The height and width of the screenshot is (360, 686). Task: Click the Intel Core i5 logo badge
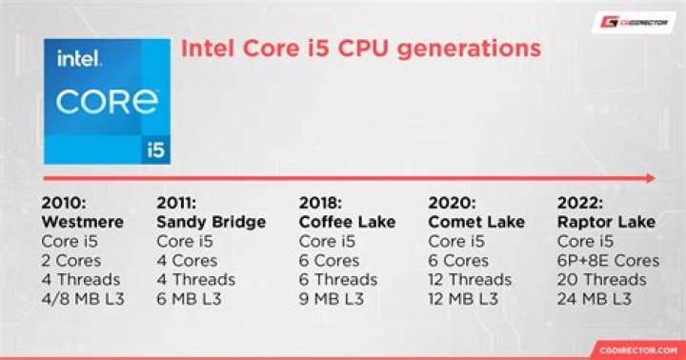106,100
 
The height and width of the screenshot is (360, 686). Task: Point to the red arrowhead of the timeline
649,178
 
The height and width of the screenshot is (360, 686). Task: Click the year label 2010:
65,203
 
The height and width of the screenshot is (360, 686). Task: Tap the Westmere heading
83,222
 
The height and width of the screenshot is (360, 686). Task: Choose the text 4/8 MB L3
83,299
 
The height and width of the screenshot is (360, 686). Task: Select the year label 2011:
178,203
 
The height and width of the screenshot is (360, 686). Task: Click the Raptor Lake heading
606,222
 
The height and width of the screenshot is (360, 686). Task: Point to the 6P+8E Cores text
608,260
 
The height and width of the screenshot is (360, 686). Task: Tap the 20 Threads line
602,280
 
